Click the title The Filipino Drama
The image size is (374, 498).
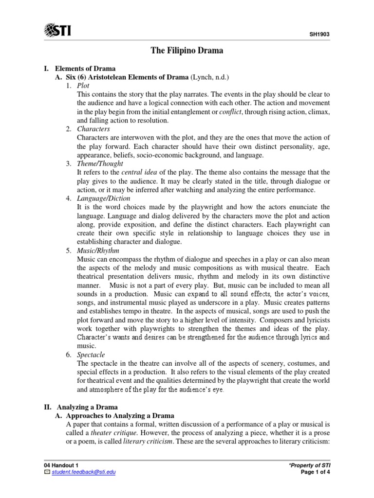[x=187, y=51]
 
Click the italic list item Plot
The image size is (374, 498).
[x=84, y=86]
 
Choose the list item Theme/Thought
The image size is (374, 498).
[x=100, y=163]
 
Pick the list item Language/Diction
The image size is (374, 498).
[x=103, y=198]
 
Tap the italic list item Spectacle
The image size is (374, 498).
[x=91, y=355]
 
